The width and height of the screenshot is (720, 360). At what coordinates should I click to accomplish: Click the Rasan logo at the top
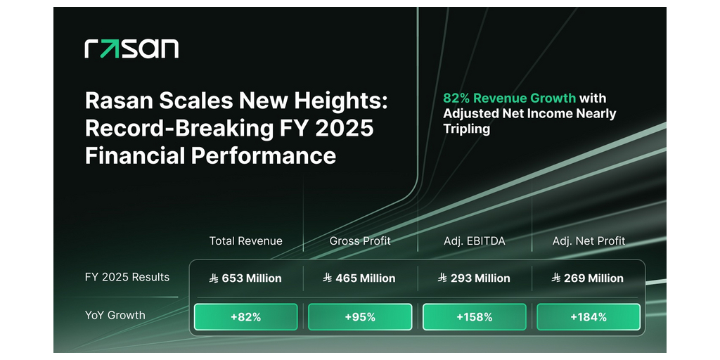pyautogui.click(x=131, y=49)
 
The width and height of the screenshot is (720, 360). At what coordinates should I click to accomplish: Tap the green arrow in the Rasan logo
pyautogui.click(x=109, y=49)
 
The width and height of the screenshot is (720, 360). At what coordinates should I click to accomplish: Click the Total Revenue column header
pyautogui.click(x=245, y=241)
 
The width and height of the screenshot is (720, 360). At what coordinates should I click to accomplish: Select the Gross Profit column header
pyautogui.click(x=360, y=241)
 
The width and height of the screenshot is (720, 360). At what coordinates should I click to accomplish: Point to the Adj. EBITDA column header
pyautogui.click(x=475, y=241)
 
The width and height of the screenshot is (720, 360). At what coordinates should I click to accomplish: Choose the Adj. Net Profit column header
pyautogui.click(x=589, y=241)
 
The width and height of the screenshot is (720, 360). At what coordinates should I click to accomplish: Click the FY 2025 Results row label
pyautogui.click(x=127, y=277)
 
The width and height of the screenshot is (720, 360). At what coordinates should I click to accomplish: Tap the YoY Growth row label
pyautogui.click(x=115, y=315)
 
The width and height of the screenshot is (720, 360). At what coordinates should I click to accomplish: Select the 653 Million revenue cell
pyautogui.click(x=245, y=278)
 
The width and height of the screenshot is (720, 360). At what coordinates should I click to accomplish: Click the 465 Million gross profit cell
pyautogui.click(x=359, y=278)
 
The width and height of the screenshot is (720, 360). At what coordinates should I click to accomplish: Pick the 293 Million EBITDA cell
pyautogui.click(x=474, y=278)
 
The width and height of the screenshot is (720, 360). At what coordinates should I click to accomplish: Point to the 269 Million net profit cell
pyautogui.click(x=589, y=278)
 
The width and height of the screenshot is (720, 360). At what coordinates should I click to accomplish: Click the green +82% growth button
pyautogui.click(x=245, y=317)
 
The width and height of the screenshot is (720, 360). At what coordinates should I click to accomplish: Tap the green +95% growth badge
pyautogui.click(x=360, y=317)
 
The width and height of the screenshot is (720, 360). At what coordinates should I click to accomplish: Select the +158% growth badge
pyautogui.click(x=474, y=317)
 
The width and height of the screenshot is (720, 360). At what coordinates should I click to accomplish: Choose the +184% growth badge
pyautogui.click(x=589, y=317)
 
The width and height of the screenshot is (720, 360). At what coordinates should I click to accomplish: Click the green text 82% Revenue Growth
pyautogui.click(x=509, y=98)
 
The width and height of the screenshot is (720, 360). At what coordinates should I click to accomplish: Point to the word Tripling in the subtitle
pyautogui.click(x=465, y=129)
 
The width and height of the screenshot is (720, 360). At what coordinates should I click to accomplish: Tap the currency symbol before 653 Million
pyautogui.click(x=214, y=278)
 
